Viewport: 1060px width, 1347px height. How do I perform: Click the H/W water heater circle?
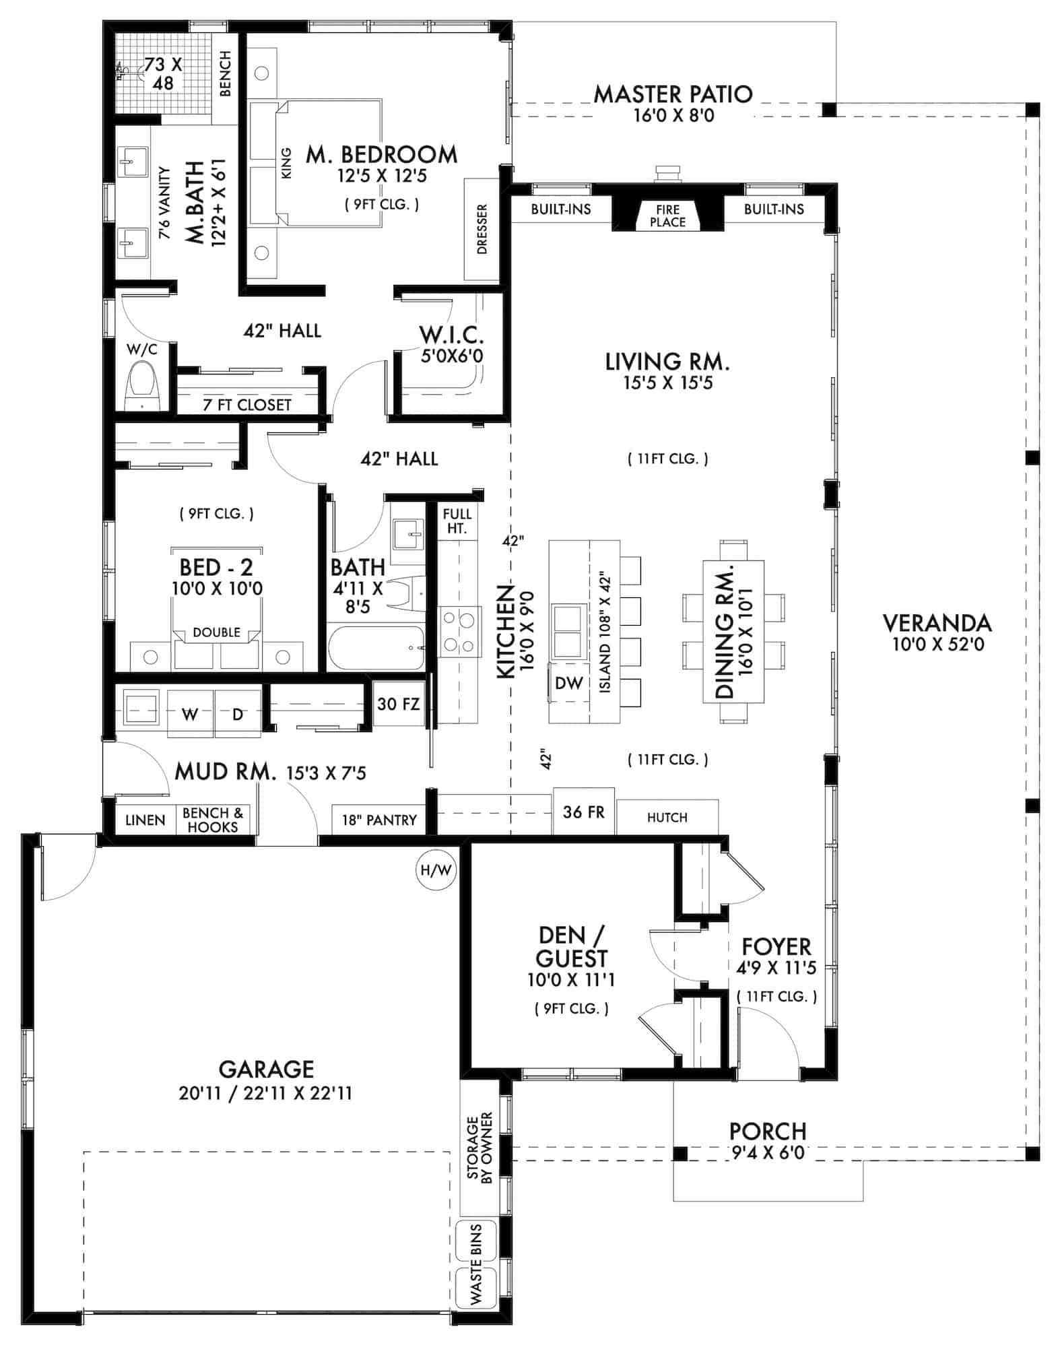point(436,870)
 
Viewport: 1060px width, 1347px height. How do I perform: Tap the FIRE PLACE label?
point(667,216)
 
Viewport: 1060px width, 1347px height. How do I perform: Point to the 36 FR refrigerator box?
point(583,812)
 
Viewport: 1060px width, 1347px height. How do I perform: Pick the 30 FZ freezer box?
point(398,704)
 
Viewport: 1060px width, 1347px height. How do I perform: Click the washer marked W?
point(190,714)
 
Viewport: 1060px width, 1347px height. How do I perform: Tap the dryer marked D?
point(237,714)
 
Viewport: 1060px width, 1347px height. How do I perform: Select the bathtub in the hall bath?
point(376,648)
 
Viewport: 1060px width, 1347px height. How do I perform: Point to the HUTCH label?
point(667,818)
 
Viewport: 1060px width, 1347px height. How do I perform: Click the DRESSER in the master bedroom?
point(482,229)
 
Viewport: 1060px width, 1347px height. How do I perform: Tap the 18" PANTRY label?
point(379,820)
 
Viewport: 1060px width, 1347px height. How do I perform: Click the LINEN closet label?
point(145,820)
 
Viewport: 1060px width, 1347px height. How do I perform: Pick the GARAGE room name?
point(266,1070)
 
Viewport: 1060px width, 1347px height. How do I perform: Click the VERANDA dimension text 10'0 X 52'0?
point(937,645)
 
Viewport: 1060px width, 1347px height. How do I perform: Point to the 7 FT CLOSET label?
point(247,405)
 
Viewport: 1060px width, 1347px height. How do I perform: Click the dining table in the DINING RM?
point(733,632)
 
